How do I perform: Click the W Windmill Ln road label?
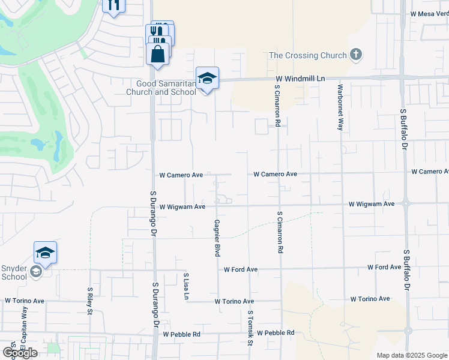(300, 79)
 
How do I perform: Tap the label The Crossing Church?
(308, 56)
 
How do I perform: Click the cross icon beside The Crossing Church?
(356, 55)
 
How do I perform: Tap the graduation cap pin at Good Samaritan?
(207, 79)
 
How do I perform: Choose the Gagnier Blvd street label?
(215, 239)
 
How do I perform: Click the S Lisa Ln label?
(187, 287)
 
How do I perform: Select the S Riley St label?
(89, 300)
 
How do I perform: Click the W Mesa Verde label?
(429, 13)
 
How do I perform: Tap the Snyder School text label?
(13, 272)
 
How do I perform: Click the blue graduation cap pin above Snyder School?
(45, 254)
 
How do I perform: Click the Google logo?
(20, 353)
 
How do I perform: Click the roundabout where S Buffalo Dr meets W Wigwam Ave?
(408, 203)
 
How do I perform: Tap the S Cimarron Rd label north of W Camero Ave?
(277, 106)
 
